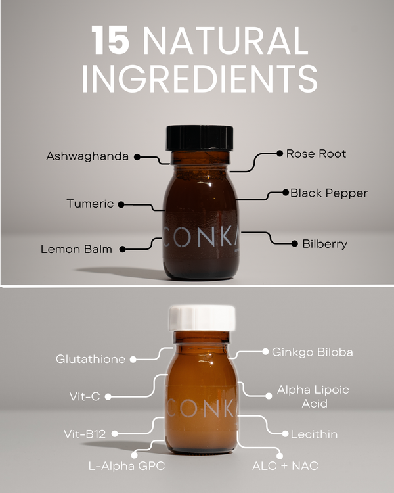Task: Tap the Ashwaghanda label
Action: coord(87,156)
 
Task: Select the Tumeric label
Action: coord(90,204)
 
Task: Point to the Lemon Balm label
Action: coord(76,249)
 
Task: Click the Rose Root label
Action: coord(316,154)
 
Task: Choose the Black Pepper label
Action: coord(329,193)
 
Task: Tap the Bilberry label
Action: coord(324,243)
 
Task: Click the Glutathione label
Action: coord(91,359)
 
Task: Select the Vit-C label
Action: coord(85,396)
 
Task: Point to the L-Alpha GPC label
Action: coord(127,466)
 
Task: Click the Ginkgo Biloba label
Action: coord(313,352)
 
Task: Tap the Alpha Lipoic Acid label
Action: coord(313,396)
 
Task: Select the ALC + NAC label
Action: coord(285,466)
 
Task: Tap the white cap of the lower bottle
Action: coord(202,317)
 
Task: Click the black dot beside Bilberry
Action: coord(294,243)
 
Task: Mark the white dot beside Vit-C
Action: coord(108,396)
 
